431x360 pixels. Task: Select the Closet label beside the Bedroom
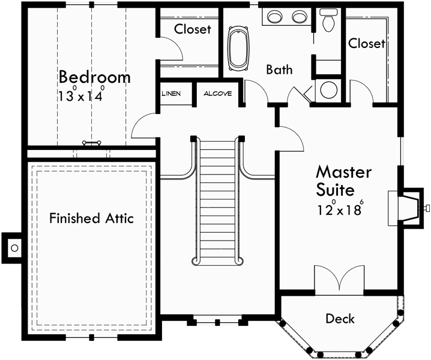coord(193,29)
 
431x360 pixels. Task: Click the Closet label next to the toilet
coord(366,43)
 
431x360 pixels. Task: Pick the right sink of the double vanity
coord(299,17)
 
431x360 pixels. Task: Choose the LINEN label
coord(172,94)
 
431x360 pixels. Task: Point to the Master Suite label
coord(343,181)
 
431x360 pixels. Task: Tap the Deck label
coord(340,319)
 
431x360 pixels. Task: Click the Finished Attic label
coord(91,218)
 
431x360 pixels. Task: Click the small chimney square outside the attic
coord(15,247)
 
